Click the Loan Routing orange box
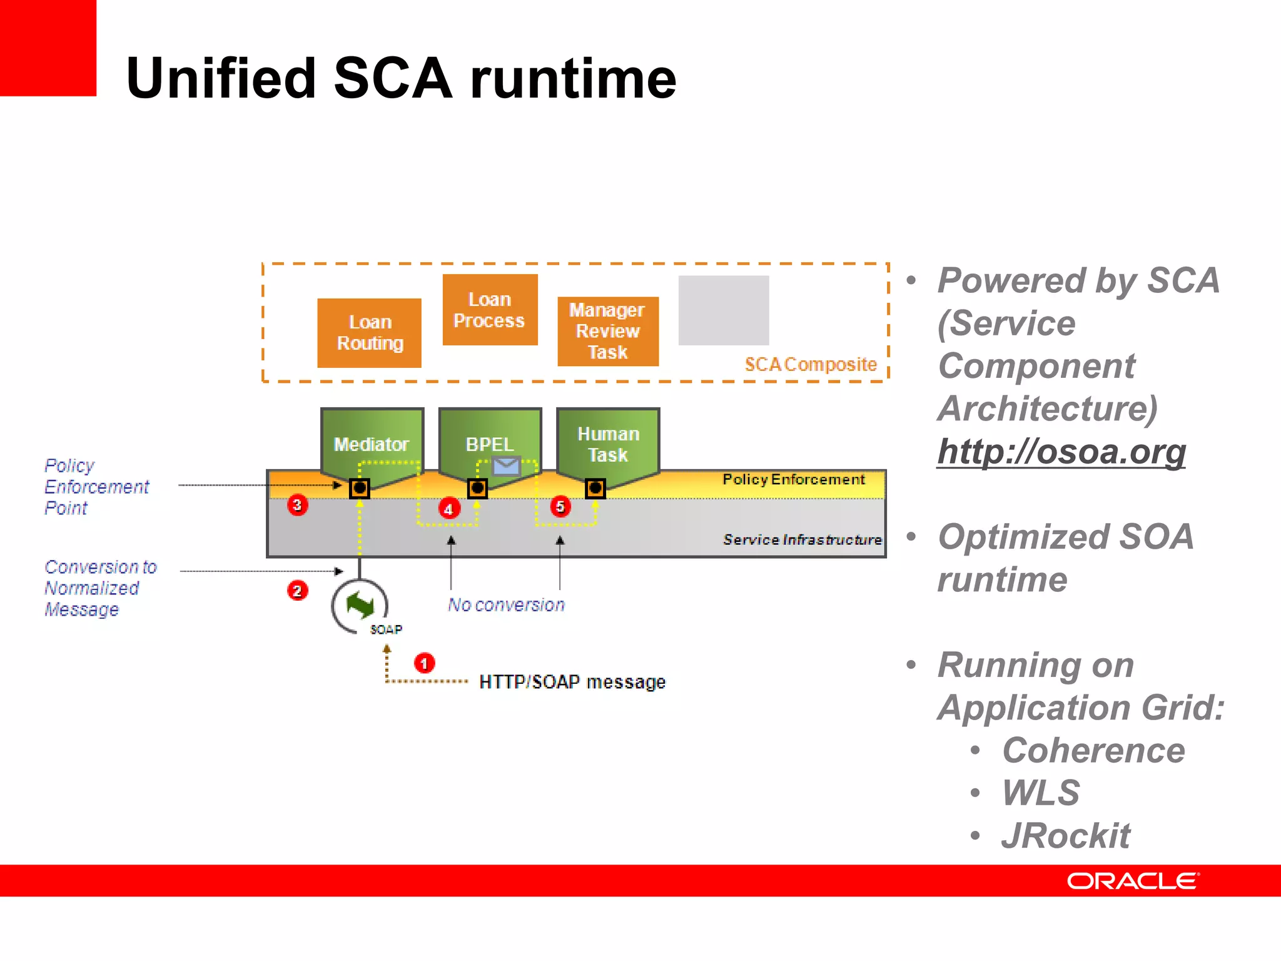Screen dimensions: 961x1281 click(x=369, y=333)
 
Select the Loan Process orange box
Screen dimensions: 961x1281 click(x=490, y=310)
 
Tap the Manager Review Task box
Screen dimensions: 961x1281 click(x=608, y=331)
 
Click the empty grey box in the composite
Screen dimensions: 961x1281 click(x=724, y=310)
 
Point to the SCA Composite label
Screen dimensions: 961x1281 click(x=811, y=364)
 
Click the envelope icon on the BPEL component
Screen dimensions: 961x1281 click(x=506, y=465)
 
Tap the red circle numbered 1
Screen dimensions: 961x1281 click(x=424, y=663)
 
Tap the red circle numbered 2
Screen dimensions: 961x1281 click(x=298, y=590)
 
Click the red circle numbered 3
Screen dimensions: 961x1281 click(x=298, y=504)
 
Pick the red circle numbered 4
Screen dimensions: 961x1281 click(x=449, y=509)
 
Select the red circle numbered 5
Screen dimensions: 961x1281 click(x=560, y=506)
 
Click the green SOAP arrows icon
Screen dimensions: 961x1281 click(x=360, y=605)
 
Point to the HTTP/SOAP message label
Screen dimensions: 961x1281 click(x=572, y=681)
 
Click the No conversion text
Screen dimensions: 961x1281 click(x=506, y=604)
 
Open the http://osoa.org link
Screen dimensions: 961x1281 click(x=1061, y=451)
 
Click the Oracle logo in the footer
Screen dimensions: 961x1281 click(x=1132, y=881)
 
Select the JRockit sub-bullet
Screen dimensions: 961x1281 click(x=1066, y=835)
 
